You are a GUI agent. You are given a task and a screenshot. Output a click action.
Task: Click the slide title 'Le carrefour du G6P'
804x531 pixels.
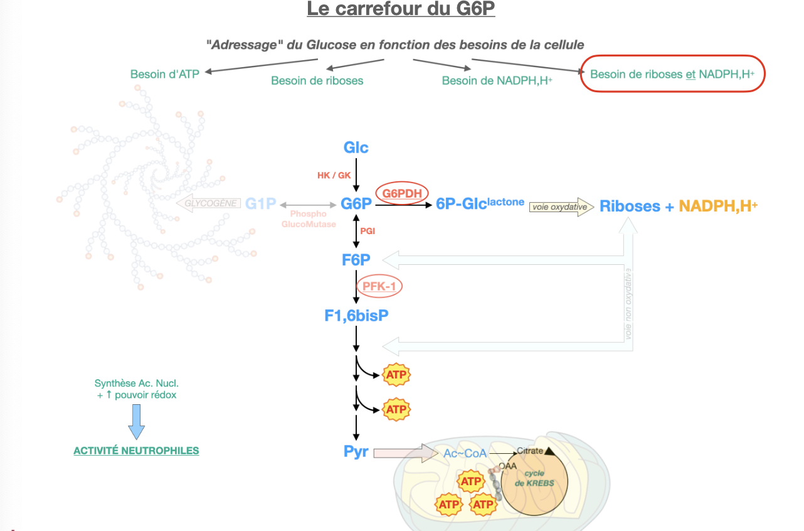(401, 9)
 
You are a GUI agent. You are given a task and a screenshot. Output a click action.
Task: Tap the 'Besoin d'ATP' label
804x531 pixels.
(165, 74)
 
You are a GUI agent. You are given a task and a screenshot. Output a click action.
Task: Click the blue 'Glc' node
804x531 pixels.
(356, 147)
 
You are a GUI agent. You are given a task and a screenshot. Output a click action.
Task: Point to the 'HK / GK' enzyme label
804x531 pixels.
(334, 175)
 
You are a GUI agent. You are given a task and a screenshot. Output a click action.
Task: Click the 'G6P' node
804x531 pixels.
(356, 204)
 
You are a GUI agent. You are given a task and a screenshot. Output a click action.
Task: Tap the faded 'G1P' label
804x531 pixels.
(260, 204)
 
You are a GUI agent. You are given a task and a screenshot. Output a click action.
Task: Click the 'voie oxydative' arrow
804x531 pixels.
(561, 206)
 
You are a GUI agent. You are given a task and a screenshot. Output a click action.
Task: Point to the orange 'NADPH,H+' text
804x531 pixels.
(718, 206)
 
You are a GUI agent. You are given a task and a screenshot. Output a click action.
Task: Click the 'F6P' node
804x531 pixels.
(356, 259)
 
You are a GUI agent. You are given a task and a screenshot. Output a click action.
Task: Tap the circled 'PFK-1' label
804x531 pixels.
(379, 286)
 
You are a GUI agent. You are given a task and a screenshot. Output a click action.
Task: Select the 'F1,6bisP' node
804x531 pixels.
(356, 315)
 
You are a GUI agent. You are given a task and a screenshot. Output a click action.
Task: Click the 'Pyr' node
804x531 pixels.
(356, 451)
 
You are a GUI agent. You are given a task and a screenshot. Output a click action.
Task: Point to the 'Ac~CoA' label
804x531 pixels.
(465, 453)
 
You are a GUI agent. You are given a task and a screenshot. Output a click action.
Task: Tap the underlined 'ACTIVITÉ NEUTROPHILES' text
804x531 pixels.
(136, 451)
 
